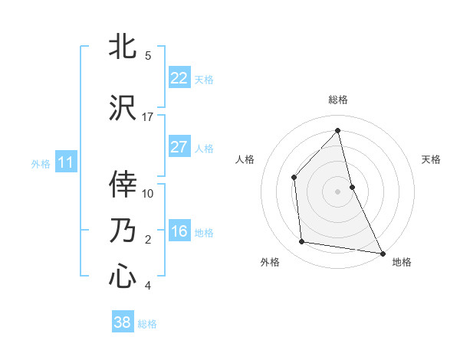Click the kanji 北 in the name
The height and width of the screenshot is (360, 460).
pyautogui.click(x=123, y=47)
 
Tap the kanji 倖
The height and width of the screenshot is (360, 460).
pyautogui.click(x=123, y=185)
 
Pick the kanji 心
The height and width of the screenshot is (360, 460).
pyautogui.click(x=123, y=277)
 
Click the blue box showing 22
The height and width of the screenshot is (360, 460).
pyautogui.click(x=179, y=78)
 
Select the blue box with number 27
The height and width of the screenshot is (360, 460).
pyautogui.click(x=179, y=147)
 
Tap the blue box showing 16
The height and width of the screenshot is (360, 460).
pyautogui.click(x=179, y=231)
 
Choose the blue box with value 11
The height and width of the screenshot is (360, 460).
pyautogui.click(x=65, y=162)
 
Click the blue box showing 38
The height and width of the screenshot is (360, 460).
pyautogui.click(x=122, y=322)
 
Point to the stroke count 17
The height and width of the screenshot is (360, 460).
pyautogui.click(x=148, y=117)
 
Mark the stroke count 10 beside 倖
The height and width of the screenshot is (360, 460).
pyautogui.click(x=148, y=193)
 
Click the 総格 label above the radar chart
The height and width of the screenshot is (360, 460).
pyautogui.click(x=337, y=100)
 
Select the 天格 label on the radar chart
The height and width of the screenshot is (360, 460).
pyautogui.click(x=431, y=159)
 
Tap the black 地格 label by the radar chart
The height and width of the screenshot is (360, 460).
pyautogui.click(x=402, y=262)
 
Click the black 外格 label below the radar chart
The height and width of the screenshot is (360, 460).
pyautogui.click(x=270, y=262)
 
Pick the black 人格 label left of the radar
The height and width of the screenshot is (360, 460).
pyautogui.click(x=245, y=159)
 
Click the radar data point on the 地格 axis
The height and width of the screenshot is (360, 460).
pyautogui.click(x=382, y=252)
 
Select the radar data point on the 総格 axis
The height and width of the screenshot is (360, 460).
pyautogui.click(x=337, y=131)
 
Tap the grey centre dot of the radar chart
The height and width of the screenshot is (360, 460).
pyautogui.click(x=337, y=191)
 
